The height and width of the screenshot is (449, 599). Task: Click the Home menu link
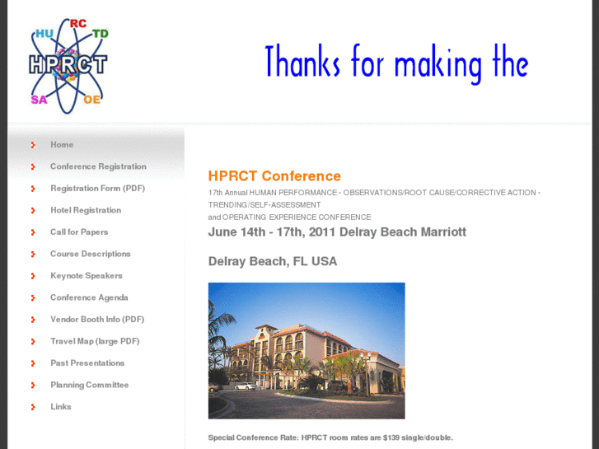[62, 145]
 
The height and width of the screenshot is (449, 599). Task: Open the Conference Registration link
[98, 166]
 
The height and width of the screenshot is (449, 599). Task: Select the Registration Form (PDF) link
[97, 189]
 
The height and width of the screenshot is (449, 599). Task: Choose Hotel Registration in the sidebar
[86, 210]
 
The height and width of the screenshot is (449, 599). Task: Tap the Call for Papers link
[79, 232]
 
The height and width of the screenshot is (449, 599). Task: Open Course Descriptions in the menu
[91, 254]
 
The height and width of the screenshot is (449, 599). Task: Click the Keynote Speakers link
[87, 276]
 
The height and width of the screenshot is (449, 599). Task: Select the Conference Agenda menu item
[89, 297]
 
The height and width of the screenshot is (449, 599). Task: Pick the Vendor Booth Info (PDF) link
[97, 320]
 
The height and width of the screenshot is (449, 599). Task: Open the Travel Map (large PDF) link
[95, 341]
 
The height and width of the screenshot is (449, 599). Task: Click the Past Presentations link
[87, 363]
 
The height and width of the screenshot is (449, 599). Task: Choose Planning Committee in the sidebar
[90, 385]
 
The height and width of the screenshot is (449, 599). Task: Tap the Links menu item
[61, 407]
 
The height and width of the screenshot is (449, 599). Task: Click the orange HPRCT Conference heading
[274, 175]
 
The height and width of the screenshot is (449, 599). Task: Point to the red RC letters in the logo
[78, 23]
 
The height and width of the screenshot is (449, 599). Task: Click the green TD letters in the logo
[101, 34]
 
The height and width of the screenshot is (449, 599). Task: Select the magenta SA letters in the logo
[39, 100]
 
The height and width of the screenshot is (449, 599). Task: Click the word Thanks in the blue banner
[302, 63]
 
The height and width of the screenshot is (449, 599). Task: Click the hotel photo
[307, 350]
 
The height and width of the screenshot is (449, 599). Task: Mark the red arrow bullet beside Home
[33, 145]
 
